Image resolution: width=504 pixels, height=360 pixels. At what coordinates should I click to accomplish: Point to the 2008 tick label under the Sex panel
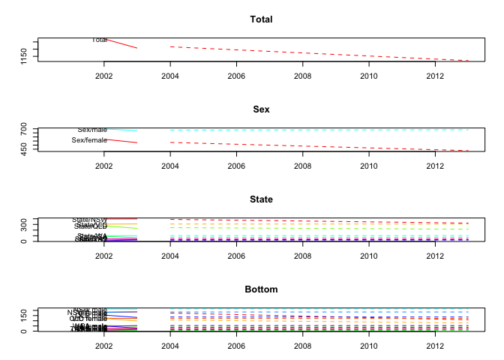click(302, 166)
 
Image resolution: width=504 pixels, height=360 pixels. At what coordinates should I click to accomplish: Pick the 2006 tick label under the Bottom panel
click(236, 346)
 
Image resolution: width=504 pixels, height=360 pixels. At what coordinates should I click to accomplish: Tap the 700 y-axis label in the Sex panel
click(25, 130)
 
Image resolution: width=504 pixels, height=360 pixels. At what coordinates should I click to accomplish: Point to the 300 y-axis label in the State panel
click(25, 223)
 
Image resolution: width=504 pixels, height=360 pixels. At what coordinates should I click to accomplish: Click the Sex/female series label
click(89, 140)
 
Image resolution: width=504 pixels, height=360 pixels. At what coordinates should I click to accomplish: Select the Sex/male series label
click(93, 130)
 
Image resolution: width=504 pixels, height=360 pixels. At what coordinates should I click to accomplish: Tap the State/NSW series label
click(90, 220)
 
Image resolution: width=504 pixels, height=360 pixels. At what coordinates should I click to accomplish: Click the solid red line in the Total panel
click(121, 43)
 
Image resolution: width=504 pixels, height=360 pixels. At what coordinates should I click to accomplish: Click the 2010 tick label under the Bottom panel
click(368, 346)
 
